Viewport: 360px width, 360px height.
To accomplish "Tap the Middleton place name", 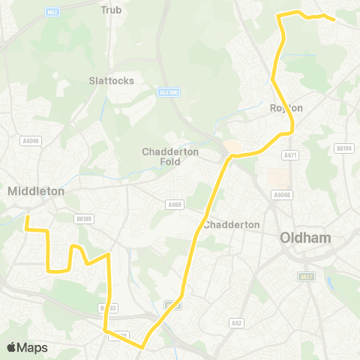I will [35, 191].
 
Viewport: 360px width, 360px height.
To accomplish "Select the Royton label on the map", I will [286, 108].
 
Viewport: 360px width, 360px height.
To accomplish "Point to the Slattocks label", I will [111, 79].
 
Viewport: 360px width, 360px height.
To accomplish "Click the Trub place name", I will [111, 10].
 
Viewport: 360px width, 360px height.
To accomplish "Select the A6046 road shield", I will [31, 140].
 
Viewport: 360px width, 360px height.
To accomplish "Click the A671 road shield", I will [290, 154].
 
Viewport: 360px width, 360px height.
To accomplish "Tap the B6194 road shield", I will [344, 148].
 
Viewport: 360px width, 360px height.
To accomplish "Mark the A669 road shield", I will [175, 203].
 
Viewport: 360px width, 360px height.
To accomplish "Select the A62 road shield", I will [236, 323].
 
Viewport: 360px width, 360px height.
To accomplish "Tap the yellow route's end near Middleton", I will [27, 217].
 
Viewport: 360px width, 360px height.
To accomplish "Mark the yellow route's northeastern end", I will [333, 19].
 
